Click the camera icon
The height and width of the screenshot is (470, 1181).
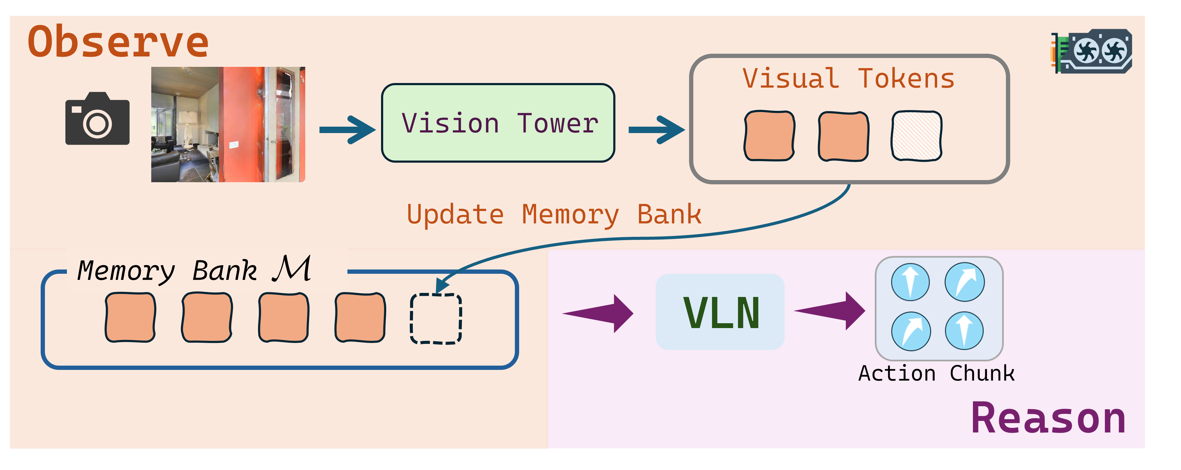pyautogui.click(x=97, y=119)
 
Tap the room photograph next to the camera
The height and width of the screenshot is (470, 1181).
pyautogui.click(x=228, y=125)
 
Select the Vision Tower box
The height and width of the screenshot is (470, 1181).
pyautogui.click(x=498, y=123)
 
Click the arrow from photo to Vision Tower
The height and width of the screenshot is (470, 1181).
pyautogui.click(x=347, y=130)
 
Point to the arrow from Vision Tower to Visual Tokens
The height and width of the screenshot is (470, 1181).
pyautogui.click(x=657, y=130)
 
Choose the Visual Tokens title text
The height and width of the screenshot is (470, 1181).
pyautogui.click(x=848, y=78)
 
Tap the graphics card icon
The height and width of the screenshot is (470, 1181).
pyautogui.click(x=1091, y=51)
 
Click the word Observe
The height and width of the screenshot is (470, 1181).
pyautogui.click(x=118, y=42)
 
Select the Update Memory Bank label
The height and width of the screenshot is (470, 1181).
pyautogui.click(x=554, y=214)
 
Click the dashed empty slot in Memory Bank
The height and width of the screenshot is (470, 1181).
pyautogui.click(x=435, y=318)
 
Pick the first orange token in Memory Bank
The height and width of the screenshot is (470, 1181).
pyautogui.click(x=130, y=317)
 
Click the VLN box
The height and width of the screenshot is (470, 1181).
pyautogui.click(x=720, y=312)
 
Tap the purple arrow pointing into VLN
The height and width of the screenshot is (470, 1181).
pyautogui.click(x=598, y=313)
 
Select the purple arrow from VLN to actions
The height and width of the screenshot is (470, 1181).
pyautogui.click(x=830, y=311)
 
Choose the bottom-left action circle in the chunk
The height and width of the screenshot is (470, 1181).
pyautogui.click(x=911, y=331)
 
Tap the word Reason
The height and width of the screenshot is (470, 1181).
pyautogui.click(x=1048, y=418)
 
